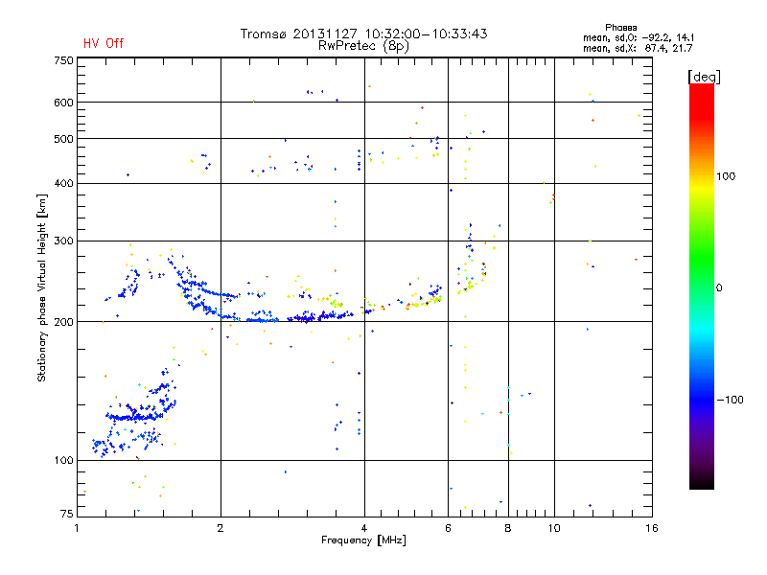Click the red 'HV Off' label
tap(103, 43)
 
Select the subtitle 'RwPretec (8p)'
tap(364, 45)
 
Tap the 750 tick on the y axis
tap(63, 60)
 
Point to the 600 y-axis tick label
tap(63, 103)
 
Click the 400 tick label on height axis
tap(63, 184)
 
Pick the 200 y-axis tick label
tap(63, 322)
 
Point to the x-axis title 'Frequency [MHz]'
tap(364, 541)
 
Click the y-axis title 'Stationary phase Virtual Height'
tap(42, 287)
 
